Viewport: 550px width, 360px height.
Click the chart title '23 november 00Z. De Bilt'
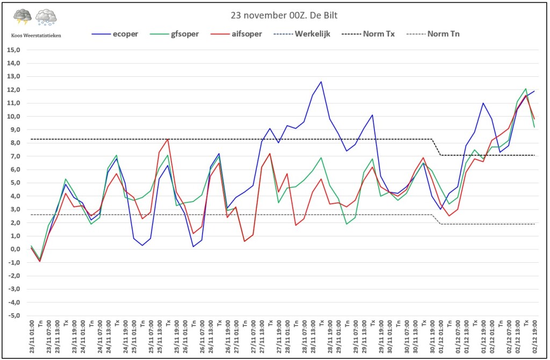pyautogui.click(x=284, y=16)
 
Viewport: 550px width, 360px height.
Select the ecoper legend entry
pyautogui.click(x=115, y=34)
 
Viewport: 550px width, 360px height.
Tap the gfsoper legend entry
pyautogui.click(x=175, y=34)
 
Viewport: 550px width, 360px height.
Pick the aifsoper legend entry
pyautogui.click(x=236, y=34)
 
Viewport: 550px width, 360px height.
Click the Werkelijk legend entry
pyautogui.click(x=302, y=34)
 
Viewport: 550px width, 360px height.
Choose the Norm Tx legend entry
pyautogui.click(x=368, y=34)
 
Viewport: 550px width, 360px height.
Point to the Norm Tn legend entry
pyautogui.click(x=433, y=34)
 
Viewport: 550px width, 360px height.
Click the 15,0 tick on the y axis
pyautogui.click(x=13, y=50)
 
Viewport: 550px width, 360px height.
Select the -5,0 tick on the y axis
pyautogui.click(x=13, y=315)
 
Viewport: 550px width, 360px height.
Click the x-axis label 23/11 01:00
pyautogui.click(x=32, y=336)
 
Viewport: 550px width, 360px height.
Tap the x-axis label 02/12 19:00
pyautogui.click(x=534, y=336)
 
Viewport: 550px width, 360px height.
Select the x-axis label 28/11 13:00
pyautogui.click(x=313, y=336)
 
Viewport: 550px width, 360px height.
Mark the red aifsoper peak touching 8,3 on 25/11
pyautogui.click(x=168, y=139)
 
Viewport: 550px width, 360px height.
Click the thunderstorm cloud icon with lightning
pyautogui.click(x=23, y=17)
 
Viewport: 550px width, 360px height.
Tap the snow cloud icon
pyautogui.click(x=46, y=17)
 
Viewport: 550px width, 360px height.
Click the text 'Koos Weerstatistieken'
pyautogui.click(x=36, y=35)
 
